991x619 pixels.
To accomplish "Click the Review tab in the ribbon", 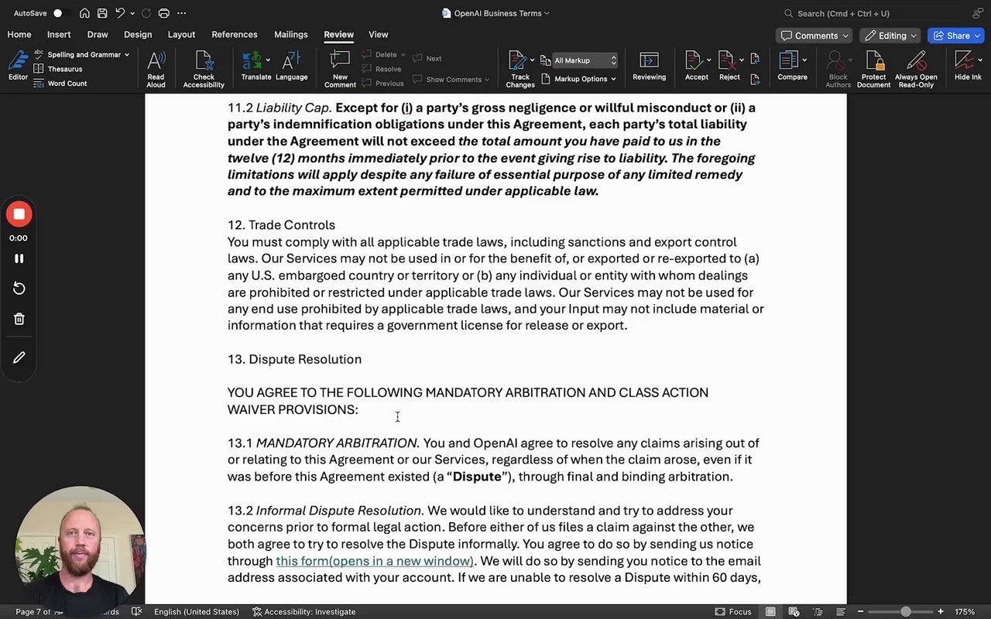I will (338, 35).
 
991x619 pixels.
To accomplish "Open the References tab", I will (235, 35).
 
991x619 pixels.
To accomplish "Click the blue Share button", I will (957, 36).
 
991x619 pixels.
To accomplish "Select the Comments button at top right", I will (814, 36).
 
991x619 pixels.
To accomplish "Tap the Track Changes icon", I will (520, 67).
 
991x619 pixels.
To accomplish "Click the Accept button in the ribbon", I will (696, 67).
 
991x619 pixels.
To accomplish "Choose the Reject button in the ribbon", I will (729, 67).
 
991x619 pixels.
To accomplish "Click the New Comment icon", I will (340, 67).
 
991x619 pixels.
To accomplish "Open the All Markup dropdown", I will (585, 60).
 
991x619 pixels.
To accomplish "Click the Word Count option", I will (67, 84).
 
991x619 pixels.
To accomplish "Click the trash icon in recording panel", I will (19, 319).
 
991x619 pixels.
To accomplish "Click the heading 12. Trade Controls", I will (281, 225).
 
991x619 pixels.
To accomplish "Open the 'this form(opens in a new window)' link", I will (375, 561).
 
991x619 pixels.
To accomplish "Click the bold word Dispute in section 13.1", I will (477, 477).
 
